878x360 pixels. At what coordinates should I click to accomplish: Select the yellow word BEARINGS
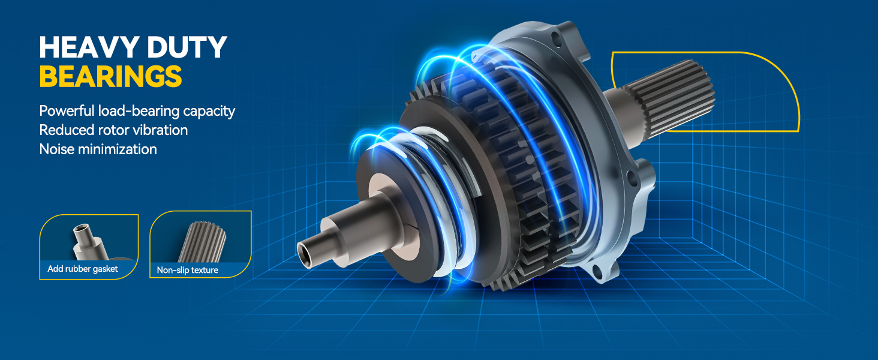click(x=110, y=76)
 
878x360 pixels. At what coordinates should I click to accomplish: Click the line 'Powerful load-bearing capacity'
click(x=137, y=111)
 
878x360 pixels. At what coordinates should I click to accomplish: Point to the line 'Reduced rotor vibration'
click(x=113, y=130)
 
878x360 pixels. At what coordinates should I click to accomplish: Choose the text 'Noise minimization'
click(x=98, y=149)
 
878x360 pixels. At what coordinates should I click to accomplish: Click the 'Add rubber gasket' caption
click(x=83, y=269)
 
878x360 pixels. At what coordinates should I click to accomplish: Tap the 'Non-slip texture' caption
click(x=187, y=270)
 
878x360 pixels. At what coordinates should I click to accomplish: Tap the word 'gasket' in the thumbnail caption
click(x=106, y=269)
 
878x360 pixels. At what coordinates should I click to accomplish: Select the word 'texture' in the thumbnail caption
click(x=204, y=270)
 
